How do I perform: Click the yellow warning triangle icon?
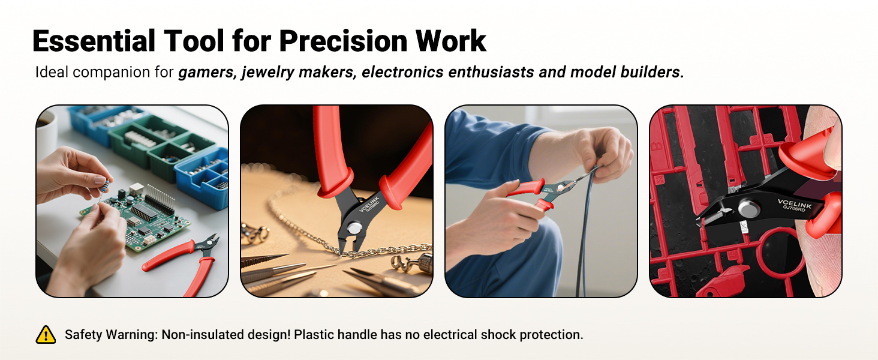click(x=46, y=335)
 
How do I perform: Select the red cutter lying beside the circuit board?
click(x=180, y=258)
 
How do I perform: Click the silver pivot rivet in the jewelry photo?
click(x=355, y=228)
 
